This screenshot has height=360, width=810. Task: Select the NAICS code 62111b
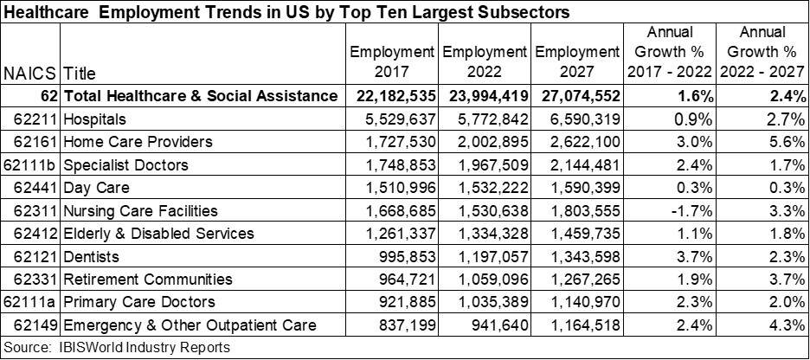[x=31, y=164]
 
